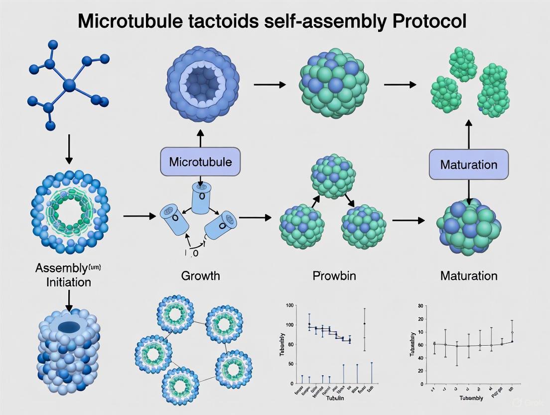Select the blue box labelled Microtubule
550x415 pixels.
click(200, 162)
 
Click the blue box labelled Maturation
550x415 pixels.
click(469, 165)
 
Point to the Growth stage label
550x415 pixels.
click(201, 275)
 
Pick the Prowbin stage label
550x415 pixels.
click(334, 275)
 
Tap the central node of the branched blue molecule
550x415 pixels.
click(69, 86)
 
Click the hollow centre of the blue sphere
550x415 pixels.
click(202, 80)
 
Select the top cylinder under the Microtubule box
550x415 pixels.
click(201, 198)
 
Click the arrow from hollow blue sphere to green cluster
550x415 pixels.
click(270, 85)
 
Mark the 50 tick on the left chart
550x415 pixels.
click(290, 364)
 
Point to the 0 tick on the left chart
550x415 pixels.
click(292, 383)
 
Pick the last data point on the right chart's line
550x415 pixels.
click(512, 341)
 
